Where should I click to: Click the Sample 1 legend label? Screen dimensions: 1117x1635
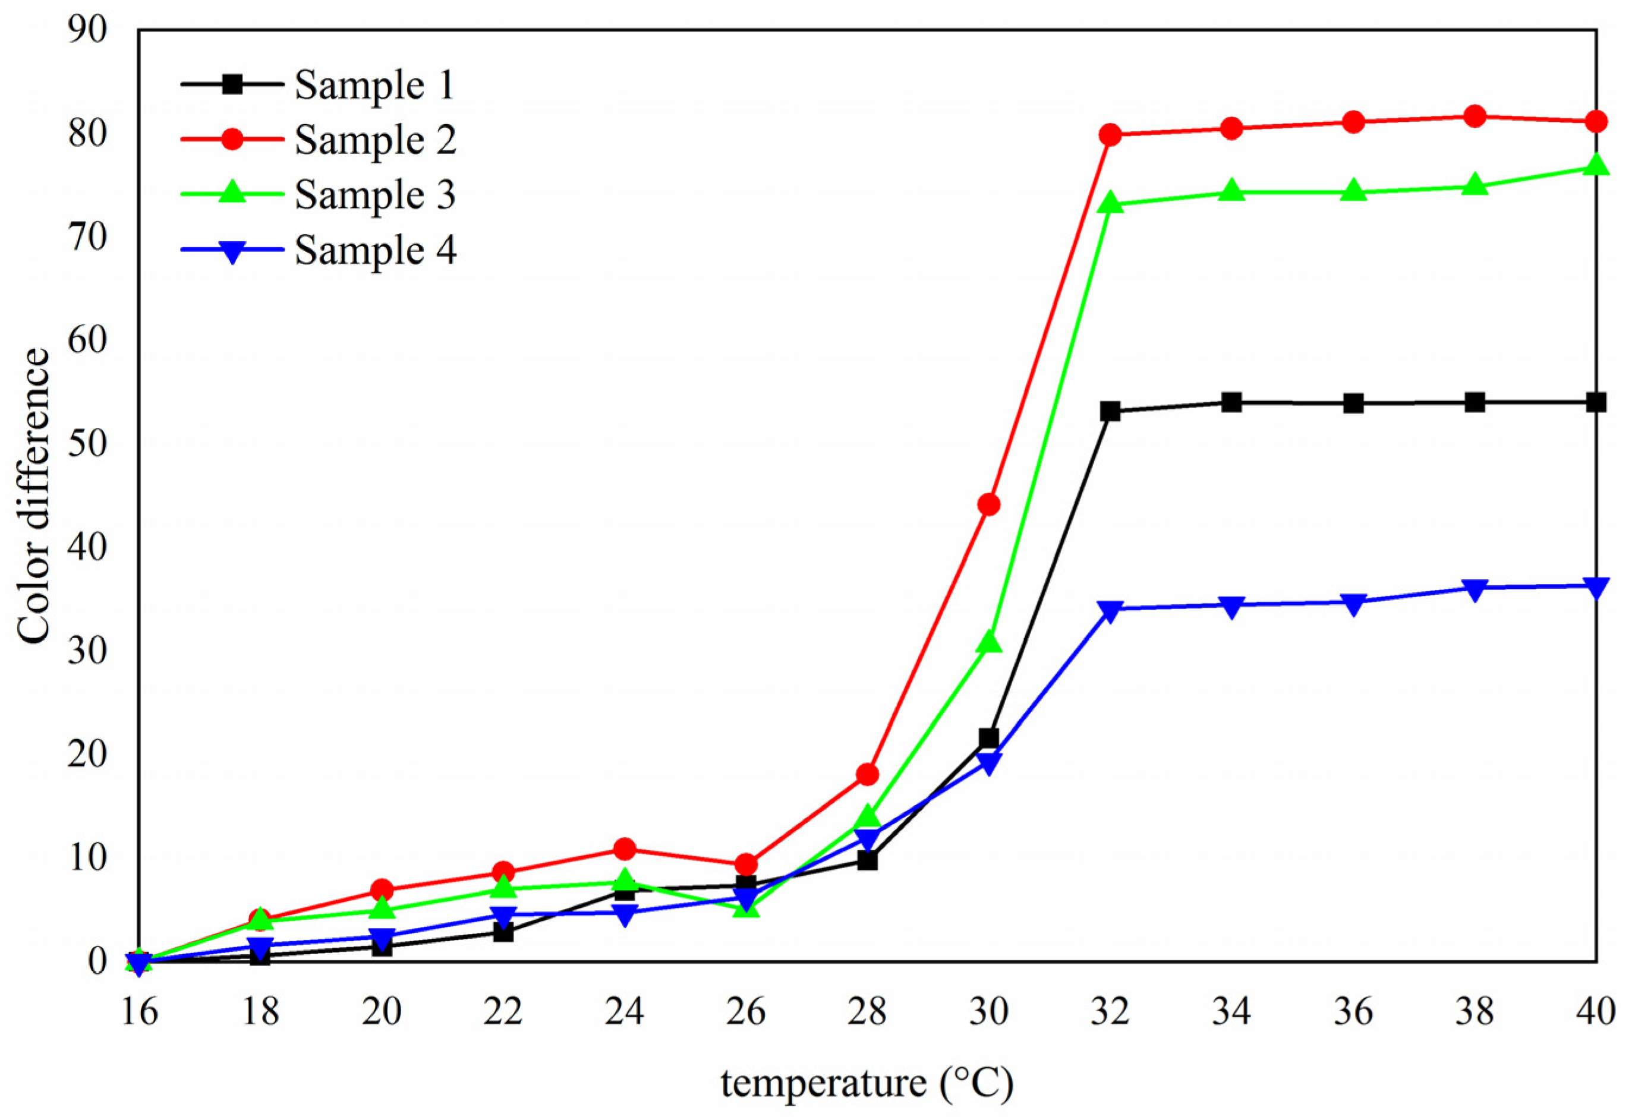click(x=374, y=86)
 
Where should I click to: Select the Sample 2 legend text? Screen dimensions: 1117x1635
click(x=375, y=140)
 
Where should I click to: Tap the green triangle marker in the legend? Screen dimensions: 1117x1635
click(x=232, y=194)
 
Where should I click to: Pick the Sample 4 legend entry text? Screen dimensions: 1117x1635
click(x=375, y=250)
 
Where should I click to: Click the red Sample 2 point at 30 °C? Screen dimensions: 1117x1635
click(x=988, y=504)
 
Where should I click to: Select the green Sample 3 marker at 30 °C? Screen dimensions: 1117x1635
click(x=988, y=642)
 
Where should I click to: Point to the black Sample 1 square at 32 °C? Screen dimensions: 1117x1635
click(x=1110, y=411)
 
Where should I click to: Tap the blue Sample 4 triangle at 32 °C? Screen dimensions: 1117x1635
click(x=1110, y=609)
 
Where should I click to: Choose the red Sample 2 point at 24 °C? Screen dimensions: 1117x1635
click(x=624, y=849)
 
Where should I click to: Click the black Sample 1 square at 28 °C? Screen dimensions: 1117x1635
click(x=868, y=860)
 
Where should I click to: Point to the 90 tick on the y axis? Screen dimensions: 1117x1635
click(x=88, y=30)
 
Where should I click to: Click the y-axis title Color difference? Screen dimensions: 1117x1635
click(x=34, y=496)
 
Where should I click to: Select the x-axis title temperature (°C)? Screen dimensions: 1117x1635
click(x=867, y=1083)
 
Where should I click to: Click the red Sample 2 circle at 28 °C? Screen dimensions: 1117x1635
click(x=868, y=774)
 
